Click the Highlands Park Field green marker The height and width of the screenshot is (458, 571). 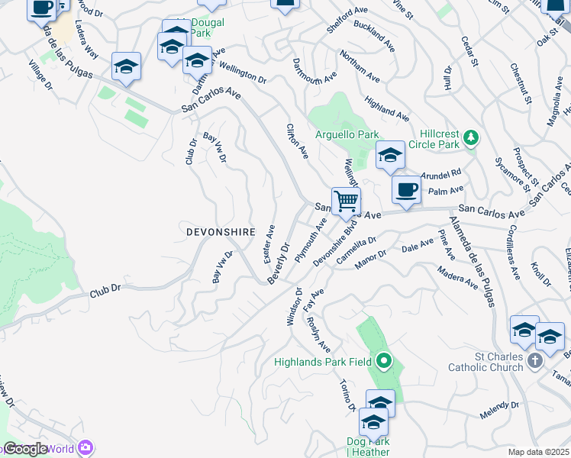point(383,361)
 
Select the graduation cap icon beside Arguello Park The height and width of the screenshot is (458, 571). point(390,156)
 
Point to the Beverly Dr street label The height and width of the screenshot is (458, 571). point(279,263)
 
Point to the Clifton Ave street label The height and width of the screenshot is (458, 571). point(297,141)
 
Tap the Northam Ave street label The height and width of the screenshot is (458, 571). point(360,69)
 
